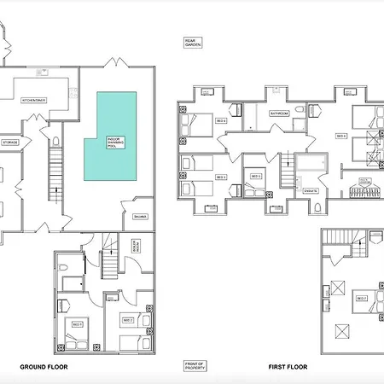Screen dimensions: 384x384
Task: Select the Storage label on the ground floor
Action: (x=10, y=143)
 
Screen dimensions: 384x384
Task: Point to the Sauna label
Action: (x=139, y=217)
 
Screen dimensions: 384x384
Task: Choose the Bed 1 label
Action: (x=75, y=325)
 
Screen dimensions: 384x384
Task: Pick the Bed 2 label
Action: (x=128, y=320)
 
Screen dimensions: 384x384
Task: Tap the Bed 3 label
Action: (x=220, y=177)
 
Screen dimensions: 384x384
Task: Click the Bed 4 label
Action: (x=220, y=122)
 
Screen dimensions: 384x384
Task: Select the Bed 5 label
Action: (x=255, y=177)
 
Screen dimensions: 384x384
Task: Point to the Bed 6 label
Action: (x=340, y=136)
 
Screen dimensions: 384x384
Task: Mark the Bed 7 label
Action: (x=362, y=298)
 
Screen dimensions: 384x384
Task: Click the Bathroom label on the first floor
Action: (x=279, y=113)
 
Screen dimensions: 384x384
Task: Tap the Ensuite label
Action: (x=311, y=190)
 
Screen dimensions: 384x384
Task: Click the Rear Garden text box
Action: (x=194, y=42)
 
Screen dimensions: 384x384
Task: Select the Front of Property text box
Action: (x=194, y=366)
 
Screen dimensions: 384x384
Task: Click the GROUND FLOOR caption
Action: (x=44, y=366)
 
